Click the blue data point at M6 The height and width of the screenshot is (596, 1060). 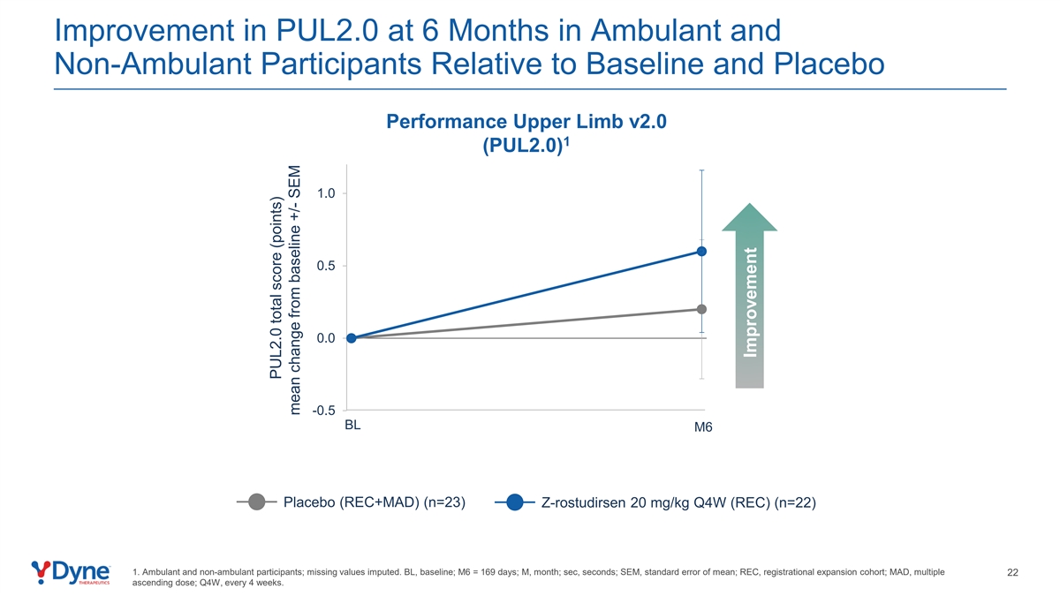(x=701, y=252)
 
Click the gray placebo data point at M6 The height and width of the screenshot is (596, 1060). (x=701, y=309)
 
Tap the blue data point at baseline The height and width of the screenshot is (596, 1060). (x=352, y=338)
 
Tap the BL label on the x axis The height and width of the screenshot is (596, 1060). (x=353, y=425)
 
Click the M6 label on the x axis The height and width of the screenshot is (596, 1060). (x=703, y=428)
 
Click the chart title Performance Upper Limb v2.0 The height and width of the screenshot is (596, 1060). (x=526, y=122)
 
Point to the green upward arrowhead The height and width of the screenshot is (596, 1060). (x=750, y=217)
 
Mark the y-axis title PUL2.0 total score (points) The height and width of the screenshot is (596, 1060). (x=276, y=302)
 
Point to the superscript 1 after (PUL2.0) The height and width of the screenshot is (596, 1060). (x=565, y=140)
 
